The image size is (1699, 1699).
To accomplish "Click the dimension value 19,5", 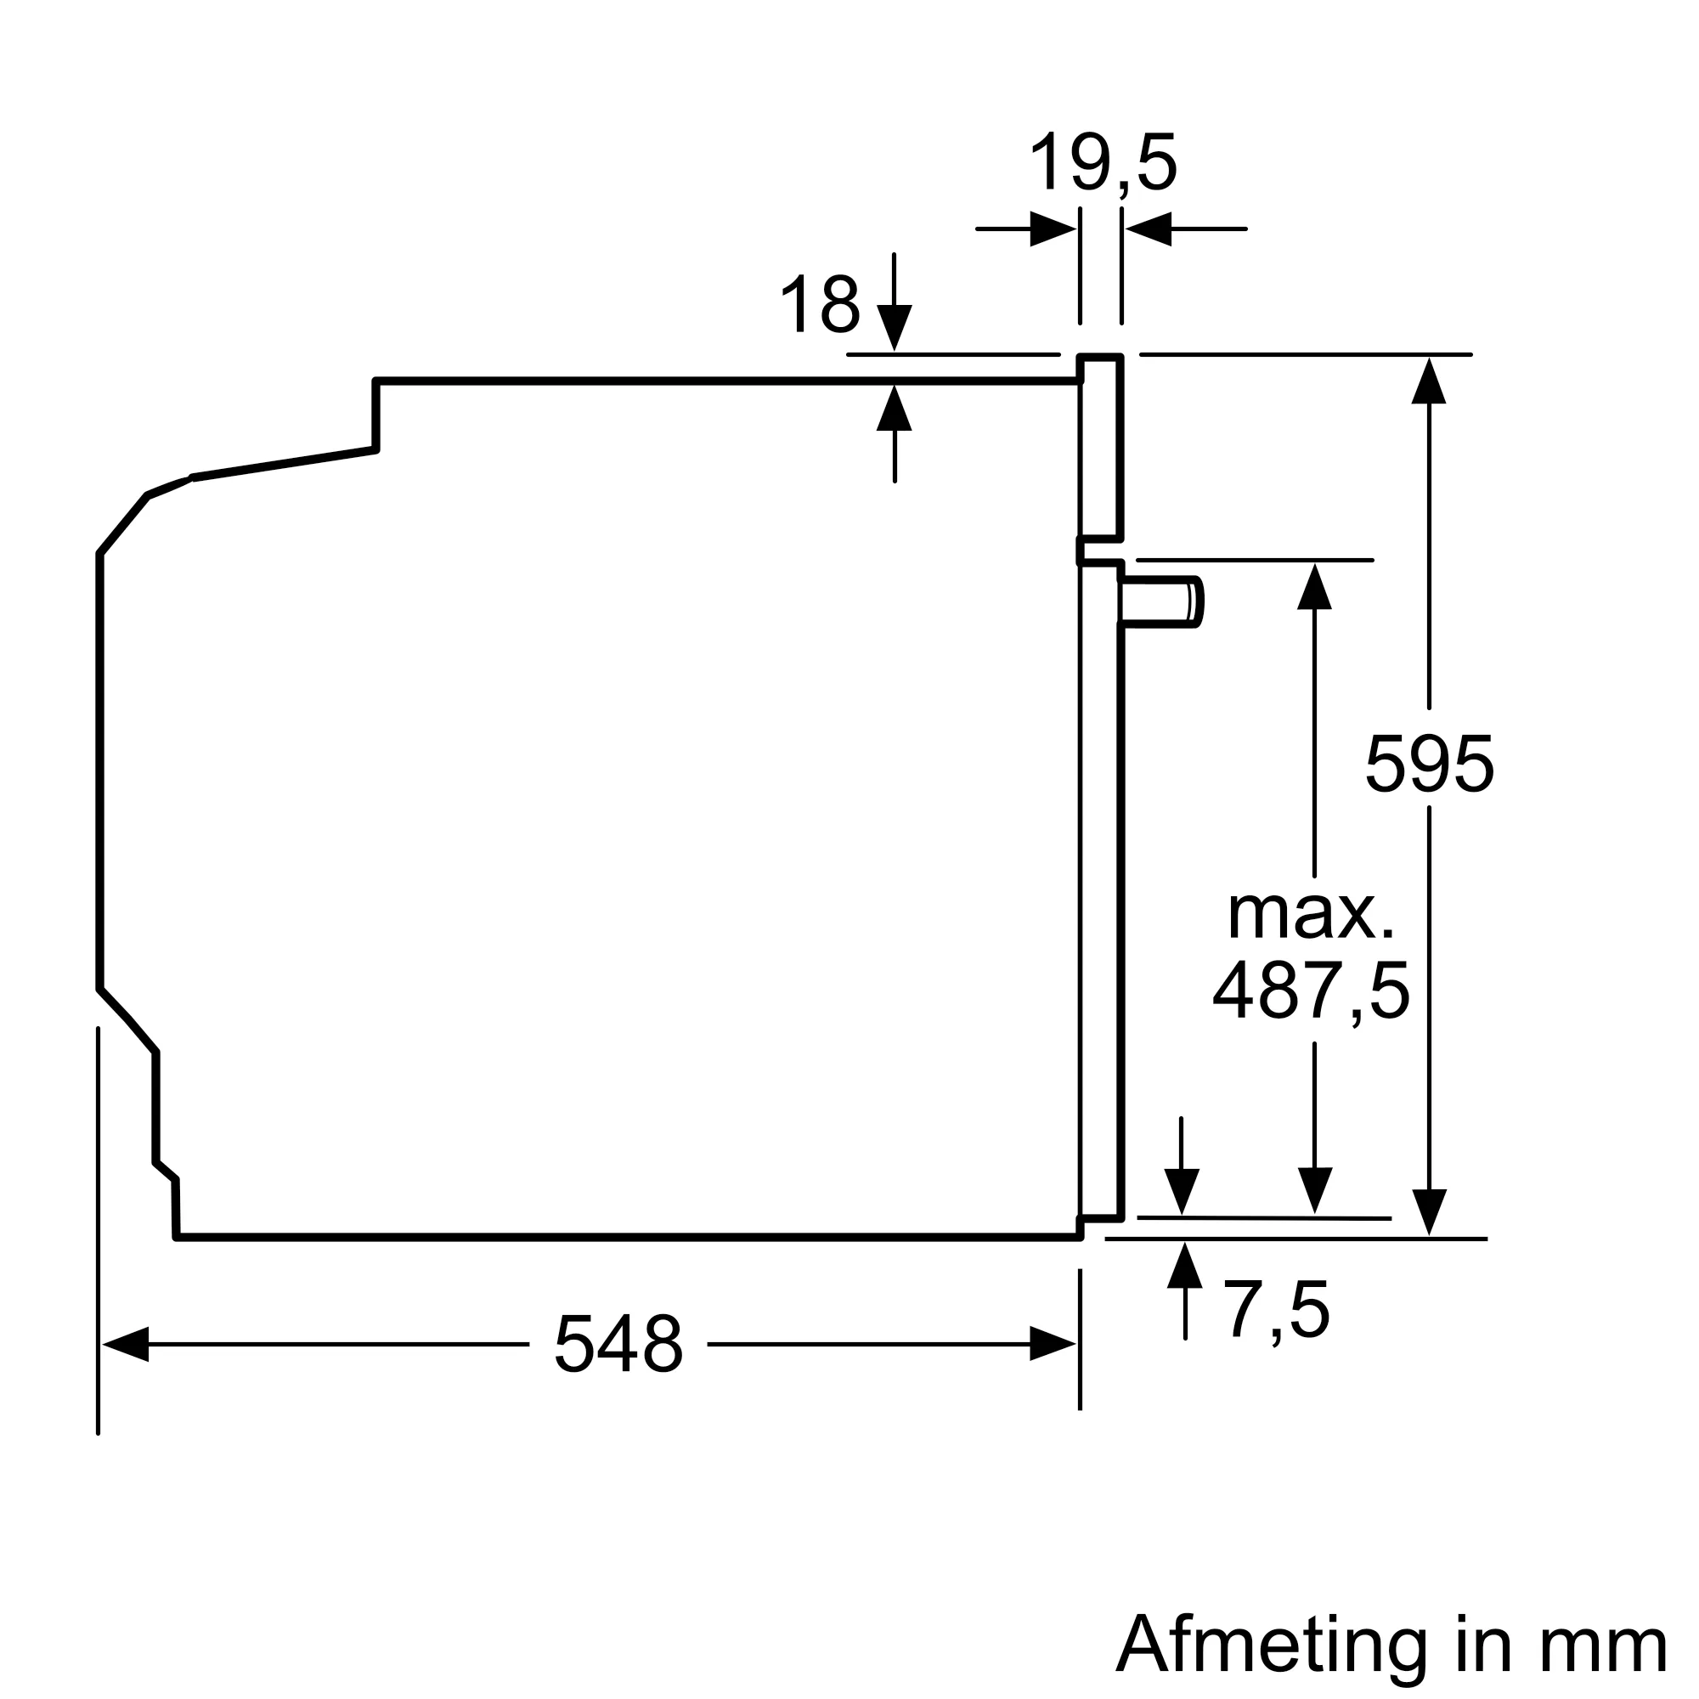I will tap(1103, 163).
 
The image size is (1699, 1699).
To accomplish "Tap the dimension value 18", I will tap(820, 304).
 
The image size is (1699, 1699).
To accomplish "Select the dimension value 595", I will tap(1429, 764).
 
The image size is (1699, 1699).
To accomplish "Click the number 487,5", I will tap(1311, 992).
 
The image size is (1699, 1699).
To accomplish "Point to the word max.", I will tap(1311, 915).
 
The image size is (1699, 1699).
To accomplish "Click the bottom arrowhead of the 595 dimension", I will tap(1429, 1211).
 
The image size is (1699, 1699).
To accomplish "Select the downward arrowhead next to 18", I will tap(895, 326).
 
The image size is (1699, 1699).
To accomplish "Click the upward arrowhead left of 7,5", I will tap(1184, 1266).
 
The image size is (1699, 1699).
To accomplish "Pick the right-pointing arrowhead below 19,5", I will tap(1052, 229).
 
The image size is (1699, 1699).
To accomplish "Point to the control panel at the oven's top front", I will tap(1101, 447).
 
